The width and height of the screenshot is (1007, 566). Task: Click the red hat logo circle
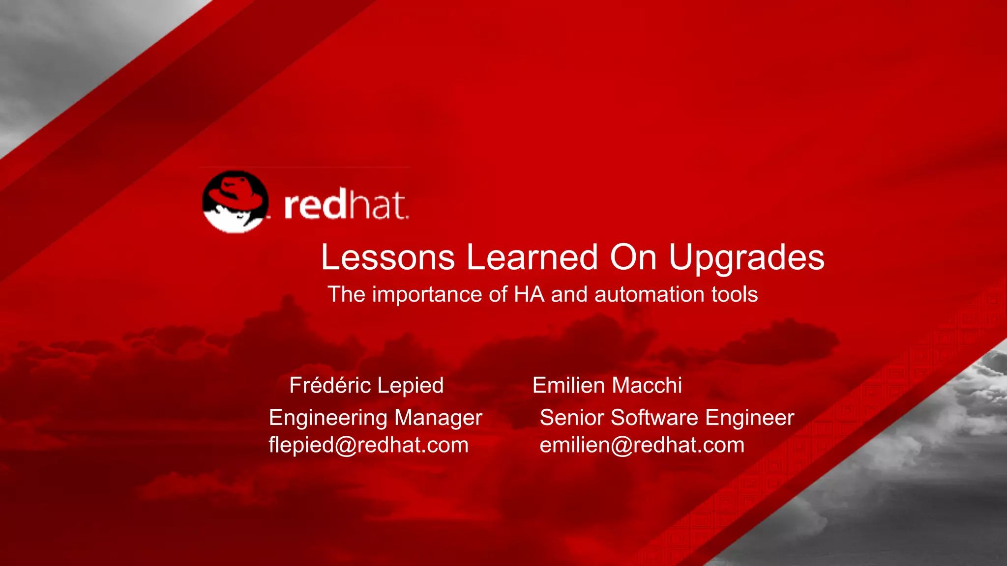pyautogui.click(x=236, y=201)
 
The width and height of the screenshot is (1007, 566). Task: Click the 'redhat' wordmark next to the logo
pyautogui.click(x=346, y=205)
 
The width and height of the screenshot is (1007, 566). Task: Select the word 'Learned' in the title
pyautogui.click(x=532, y=257)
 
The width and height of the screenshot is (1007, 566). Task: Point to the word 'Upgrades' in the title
pyautogui.click(x=746, y=258)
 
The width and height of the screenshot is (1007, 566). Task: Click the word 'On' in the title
pyautogui.click(x=633, y=257)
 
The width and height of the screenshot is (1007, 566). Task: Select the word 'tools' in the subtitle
pyautogui.click(x=734, y=294)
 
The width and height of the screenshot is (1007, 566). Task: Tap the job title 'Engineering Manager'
pyautogui.click(x=375, y=418)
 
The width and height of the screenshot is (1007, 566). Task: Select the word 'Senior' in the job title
pyautogui.click(x=572, y=418)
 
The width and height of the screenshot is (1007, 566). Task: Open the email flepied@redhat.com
pyautogui.click(x=368, y=445)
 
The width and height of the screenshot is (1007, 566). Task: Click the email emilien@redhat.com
pyautogui.click(x=642, y=445)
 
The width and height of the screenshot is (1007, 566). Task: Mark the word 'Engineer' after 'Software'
pyautogui.click(x=749, y=418)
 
